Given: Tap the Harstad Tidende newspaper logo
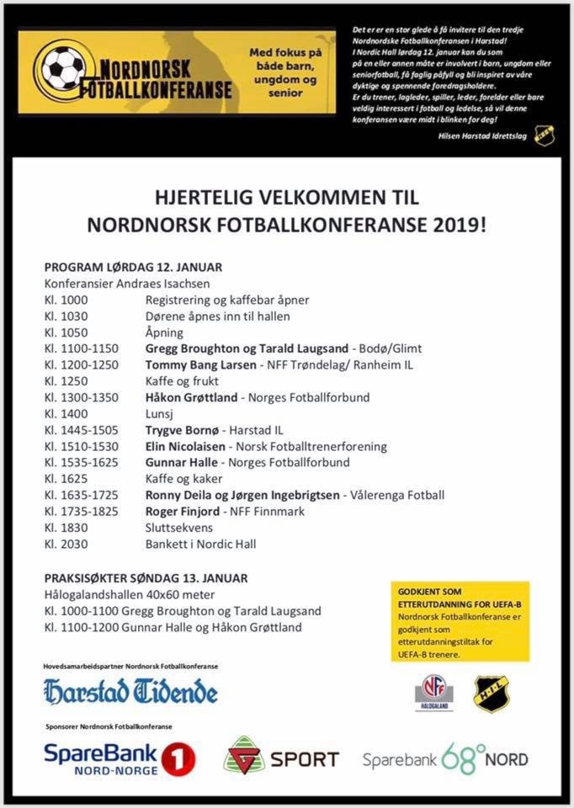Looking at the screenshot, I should [130, 692].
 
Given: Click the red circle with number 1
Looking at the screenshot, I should [178, 758].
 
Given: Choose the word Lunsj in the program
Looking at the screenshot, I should [160, 413].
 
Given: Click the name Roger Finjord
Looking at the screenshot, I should [181, 512].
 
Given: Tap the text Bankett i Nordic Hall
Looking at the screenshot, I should [200, 545].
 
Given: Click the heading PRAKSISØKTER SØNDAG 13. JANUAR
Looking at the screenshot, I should [146, 579].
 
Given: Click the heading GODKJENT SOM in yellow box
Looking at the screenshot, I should [429, 593].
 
